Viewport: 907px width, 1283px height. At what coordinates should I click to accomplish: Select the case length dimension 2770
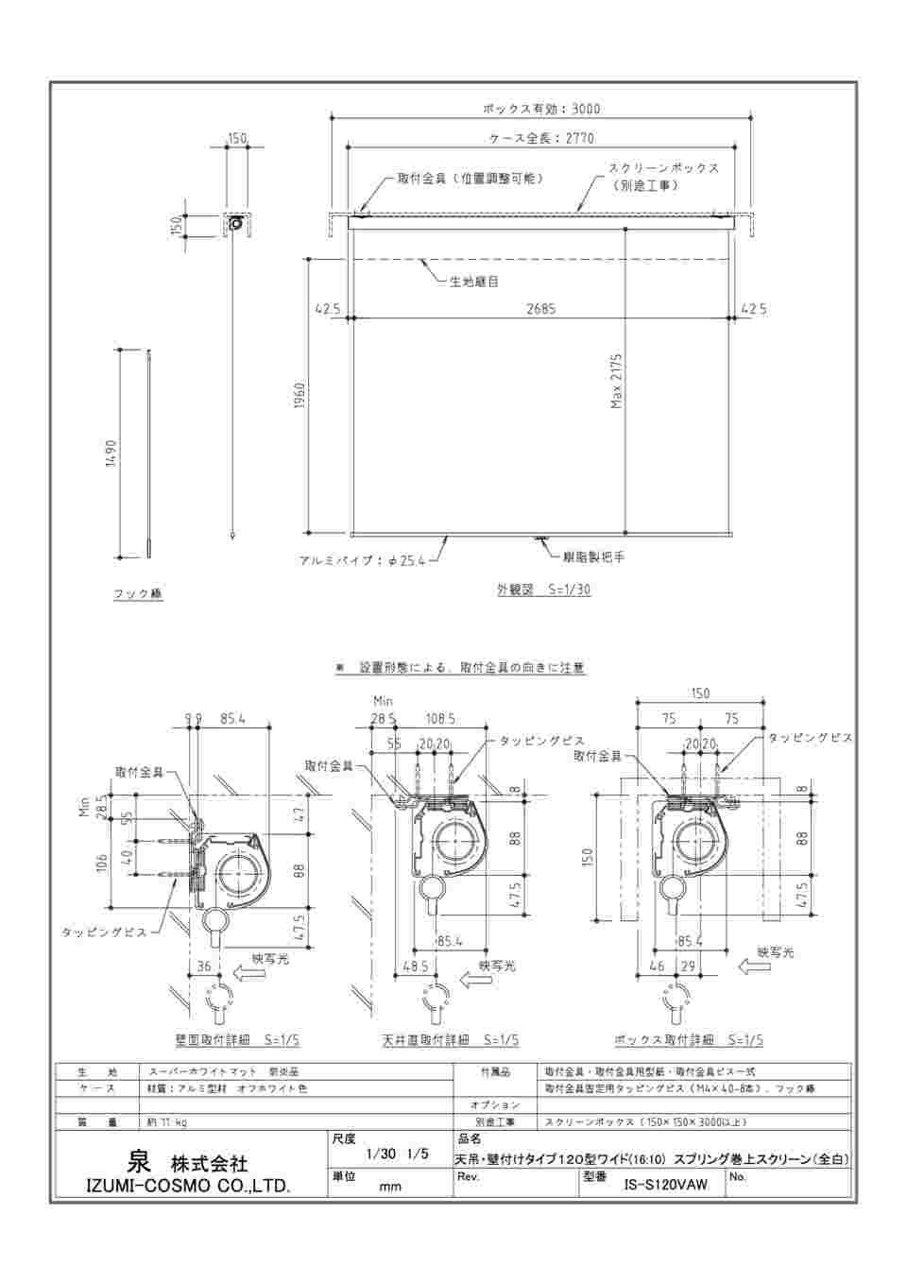[x=579, y=138]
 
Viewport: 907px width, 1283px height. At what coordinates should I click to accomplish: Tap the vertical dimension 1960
[x=299, y=395]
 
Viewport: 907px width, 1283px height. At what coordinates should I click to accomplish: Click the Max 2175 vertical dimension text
[x=617, y=374]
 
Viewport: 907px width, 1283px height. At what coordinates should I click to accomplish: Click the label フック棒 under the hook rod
[x=138, y=594]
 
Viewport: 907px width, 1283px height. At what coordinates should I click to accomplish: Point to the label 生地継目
[x=473, y=281]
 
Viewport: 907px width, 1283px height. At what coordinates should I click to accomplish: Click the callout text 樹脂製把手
[x=593, y=556]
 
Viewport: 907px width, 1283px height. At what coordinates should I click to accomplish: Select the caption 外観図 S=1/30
[x=544, y=590]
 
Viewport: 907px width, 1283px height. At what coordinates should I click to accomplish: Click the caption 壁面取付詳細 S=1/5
[x=237, y=1039]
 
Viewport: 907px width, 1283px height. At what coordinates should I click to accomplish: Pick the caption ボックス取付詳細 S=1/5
[x=689, y=1039]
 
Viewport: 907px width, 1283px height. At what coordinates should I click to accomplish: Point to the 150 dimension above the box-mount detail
[x=700, y=693]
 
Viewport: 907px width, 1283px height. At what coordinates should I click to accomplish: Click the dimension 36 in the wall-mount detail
[x=204, y=966]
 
